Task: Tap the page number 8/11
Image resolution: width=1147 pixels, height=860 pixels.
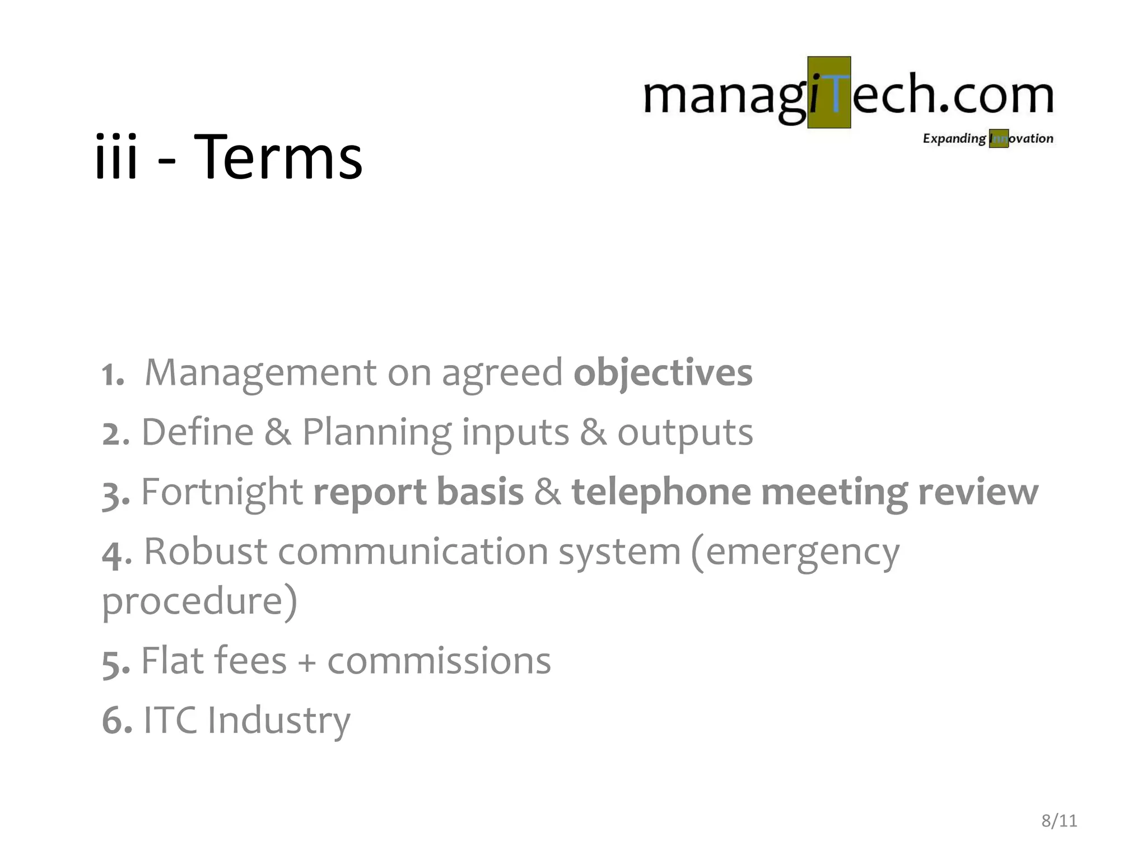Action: tap(1059, 821)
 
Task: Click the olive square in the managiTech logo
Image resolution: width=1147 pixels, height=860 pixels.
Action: tap(829, 92)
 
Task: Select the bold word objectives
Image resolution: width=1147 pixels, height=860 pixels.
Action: tap(663, 373)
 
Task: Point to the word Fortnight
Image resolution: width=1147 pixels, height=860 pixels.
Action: tap(222, 492)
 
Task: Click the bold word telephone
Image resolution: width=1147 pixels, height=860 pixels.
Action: tap(661, 492)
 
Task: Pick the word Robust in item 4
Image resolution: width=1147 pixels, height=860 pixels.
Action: tap(206, 551)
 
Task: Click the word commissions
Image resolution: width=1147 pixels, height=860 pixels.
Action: tap(439, 661)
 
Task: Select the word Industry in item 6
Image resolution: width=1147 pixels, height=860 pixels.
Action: tap(278, 721)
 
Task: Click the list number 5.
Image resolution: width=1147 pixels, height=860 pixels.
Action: tap(114, 663)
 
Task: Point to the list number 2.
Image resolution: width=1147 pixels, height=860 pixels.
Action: tap(114, 434)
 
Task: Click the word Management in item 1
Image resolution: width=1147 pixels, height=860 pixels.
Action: tap(260, 373)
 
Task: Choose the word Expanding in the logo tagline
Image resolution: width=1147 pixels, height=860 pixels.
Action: tap(954, 139)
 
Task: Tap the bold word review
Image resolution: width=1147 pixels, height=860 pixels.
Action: tap(978, 492)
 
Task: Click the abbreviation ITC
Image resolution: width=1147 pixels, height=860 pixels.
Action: tap(170, 720)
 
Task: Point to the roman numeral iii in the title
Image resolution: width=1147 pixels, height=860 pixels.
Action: tap(116, 158)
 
